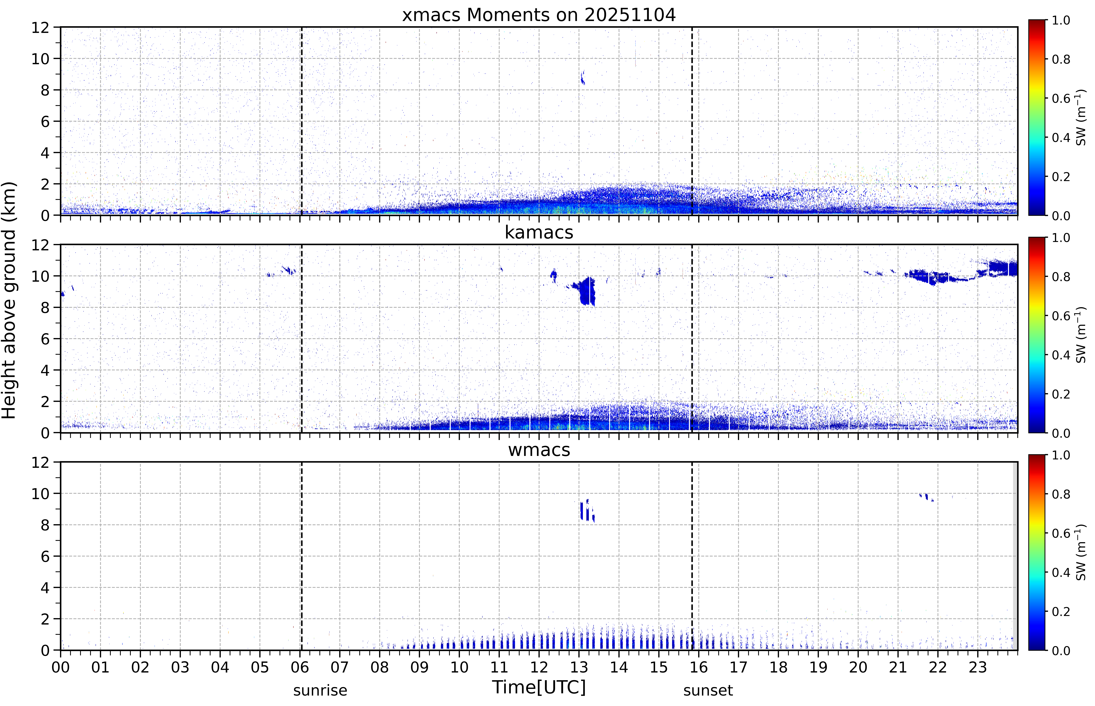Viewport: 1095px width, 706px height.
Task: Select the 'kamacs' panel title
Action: point(539,232)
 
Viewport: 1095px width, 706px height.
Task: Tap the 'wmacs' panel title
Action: point(539,450)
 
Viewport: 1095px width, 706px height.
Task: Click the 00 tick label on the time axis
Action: point(60,667)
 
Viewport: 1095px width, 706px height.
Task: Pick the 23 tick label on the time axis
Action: point(978,667)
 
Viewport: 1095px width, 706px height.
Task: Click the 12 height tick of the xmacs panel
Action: point(40,28)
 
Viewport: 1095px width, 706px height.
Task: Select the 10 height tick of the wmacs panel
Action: point(40,494)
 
